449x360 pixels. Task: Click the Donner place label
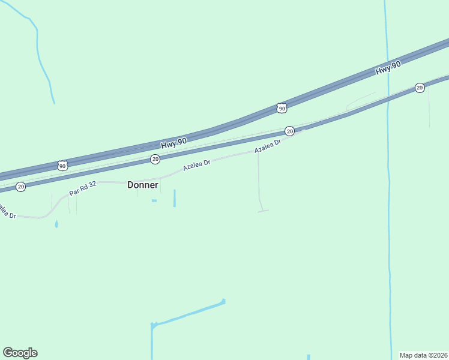coord(143,185)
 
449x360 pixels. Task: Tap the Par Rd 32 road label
coord(83,188)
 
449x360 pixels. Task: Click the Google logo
coord(20,353)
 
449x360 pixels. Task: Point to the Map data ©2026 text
coord(424,355)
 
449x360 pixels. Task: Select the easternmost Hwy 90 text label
coord(388,68)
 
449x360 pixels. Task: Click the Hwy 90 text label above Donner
coord(173,143)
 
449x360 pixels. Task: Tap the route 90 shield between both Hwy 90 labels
coord(282,108)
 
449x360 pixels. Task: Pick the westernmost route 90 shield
coord(62,164)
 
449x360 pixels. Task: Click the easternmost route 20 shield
coord(420,88)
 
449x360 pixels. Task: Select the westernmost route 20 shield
coord(21,187)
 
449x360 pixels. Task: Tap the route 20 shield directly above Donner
coord(155,159)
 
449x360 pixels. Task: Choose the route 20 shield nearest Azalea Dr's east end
coord(289,131)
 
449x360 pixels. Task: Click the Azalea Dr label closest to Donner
coord(197,163)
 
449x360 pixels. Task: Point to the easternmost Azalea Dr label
coord(268,146)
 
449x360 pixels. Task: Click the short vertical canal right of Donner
coord(175,198)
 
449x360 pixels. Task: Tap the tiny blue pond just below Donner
coord(154,200)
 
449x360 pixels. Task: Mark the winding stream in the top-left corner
coord(40,54)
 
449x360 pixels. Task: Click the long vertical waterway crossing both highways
coord(388,210)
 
